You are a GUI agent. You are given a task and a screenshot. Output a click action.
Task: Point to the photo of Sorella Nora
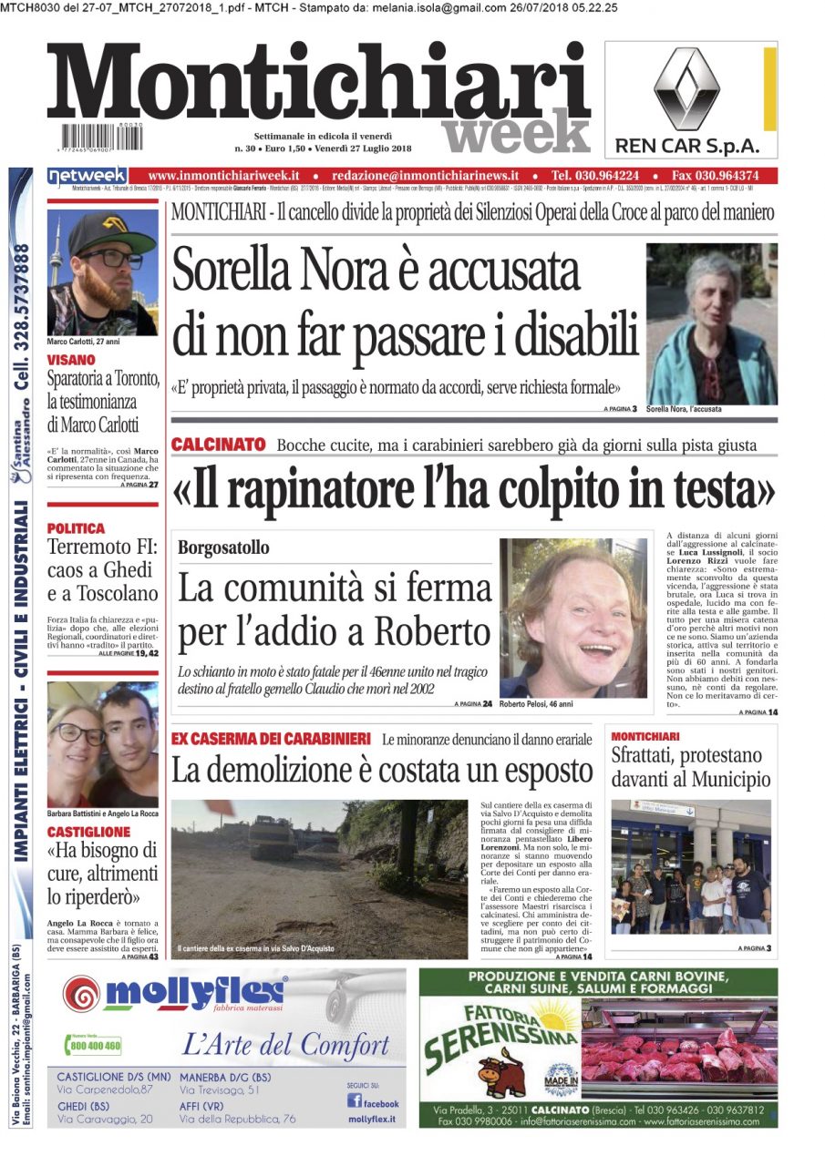tap(711, 324)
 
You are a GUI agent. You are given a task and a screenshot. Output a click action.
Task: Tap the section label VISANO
tap(72, 360)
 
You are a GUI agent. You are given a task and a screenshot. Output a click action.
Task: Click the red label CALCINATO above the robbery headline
tap(218, 445)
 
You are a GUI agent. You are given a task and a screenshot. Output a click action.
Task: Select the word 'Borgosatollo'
tap(223, 547)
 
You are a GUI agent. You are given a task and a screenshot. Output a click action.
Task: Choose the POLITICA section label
tap(76, 527)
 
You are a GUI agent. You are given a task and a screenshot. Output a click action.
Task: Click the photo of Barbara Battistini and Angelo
tap(102, 742)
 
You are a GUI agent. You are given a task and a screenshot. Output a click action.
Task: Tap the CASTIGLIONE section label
tap(88, 832)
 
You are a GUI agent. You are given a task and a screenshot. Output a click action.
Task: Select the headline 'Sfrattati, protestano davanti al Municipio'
tap(689, 767)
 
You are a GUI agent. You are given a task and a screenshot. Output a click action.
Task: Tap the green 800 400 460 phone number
tap(95, 1046)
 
